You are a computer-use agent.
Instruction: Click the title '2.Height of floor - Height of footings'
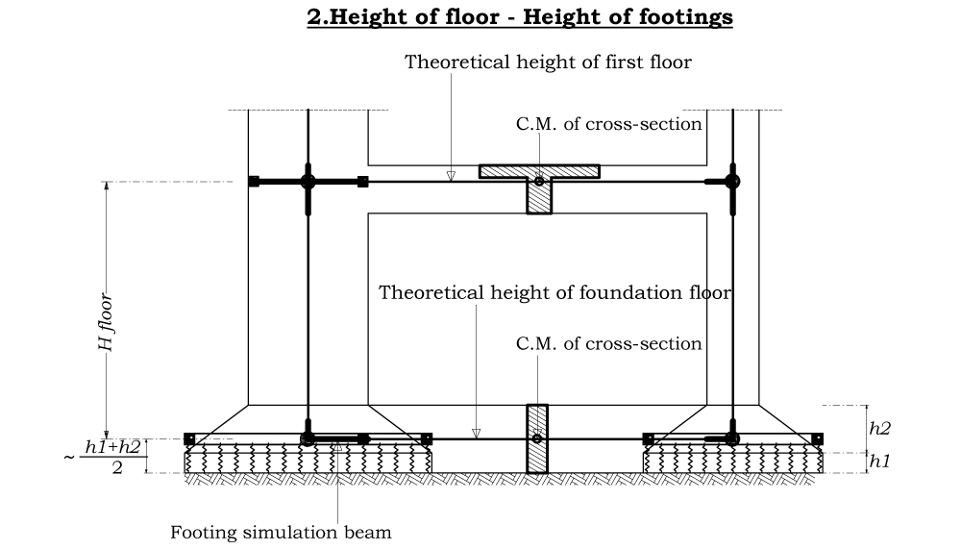pos(520,17)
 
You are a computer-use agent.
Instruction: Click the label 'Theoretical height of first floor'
pos(548,62)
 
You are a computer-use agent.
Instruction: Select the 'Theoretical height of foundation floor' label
pos(554,292)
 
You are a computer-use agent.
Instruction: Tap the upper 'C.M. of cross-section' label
pos(608,124)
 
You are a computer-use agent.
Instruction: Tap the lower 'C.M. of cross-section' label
pos(608,343)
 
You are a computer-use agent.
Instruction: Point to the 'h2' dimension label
pos(879,429)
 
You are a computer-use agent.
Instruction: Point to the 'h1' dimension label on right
pos(879,462)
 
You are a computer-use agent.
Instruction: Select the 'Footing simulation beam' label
pos(281,532)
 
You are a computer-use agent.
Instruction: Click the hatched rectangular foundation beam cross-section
pos(537,439)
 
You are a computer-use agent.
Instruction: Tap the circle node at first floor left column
pos(308,181)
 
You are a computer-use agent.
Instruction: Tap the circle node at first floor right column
pos(732,181)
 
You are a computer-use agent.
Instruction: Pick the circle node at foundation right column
pos(732,438)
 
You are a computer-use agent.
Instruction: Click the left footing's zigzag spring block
pos(308,460)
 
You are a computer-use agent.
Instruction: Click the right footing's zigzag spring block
pos(732,461)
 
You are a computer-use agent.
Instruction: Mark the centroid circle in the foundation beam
pos(537,439)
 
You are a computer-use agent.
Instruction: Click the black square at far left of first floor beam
pos(254,181)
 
